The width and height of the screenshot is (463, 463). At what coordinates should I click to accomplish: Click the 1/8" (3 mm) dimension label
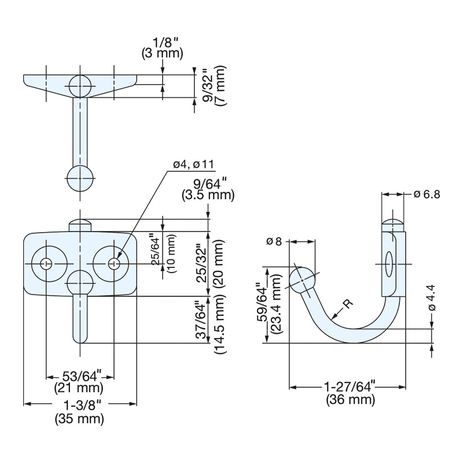click(162, 47)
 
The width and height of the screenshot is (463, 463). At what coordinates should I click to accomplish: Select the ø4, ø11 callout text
click(193, 165)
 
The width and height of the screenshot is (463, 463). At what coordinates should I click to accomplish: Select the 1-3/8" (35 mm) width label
click(79, 411)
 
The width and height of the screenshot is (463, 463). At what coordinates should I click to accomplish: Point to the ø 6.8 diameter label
click(427, 194)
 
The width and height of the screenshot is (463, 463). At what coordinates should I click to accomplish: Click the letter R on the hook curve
click(346, 304)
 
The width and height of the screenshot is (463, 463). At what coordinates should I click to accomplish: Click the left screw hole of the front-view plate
click(46, 263)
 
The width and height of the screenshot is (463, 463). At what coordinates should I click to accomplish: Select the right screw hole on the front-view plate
click(114, 263)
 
